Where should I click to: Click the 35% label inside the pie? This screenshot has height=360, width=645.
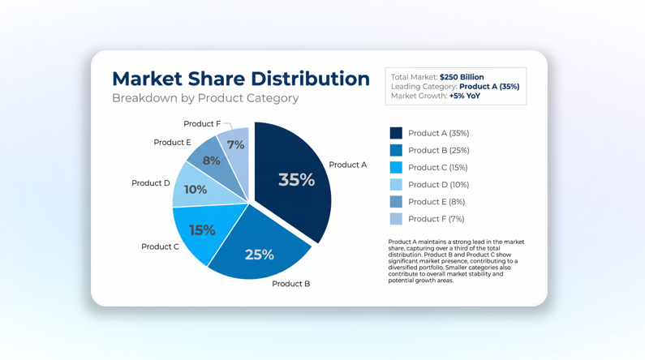pyautogui.click(x=296, y=180)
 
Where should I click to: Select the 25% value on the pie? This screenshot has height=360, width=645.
pyautogui.click(x=259, y=255)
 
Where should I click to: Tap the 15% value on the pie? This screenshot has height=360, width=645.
pyautogui.click(x=202, y=230)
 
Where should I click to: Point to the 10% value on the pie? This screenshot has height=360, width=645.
pyautogui.click(x=195, y=190)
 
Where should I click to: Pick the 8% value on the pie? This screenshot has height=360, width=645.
pyautogui.click(x=211, y=161)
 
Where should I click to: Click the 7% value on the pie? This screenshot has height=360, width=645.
pyautogui.click(x=235, y=145)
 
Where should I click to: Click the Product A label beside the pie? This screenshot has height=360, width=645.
pyautogui.click(x=347, y=165)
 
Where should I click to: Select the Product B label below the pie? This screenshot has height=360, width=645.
pyautogui.click(x=290, y=284)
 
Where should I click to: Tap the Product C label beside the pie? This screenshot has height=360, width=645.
pyautogui.click(x=160, y=246)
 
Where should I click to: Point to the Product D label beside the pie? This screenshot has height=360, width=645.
pyautogui.click(x=151, y=183)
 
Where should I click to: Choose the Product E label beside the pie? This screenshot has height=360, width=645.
pyautogui.click(x=172, y=143)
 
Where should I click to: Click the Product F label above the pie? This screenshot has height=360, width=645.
pyautogui.click(x=201, y=124)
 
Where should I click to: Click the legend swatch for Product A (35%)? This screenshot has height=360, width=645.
pyautogui.click(x=396, y=133)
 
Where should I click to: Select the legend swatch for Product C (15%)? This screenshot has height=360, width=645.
pyautogui.click(x=396, y=168)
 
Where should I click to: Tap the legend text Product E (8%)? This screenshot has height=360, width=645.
pyautogui.click(x=436, y=202)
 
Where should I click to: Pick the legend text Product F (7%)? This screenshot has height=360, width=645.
pyautogui.click(x=436, y=219)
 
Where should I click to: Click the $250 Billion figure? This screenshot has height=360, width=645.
pyautogui.click(x=462, y=77)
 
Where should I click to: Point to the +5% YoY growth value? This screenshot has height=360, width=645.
pyautogui.click(x=464, y=96)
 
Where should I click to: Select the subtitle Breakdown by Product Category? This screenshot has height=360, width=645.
pyautogui.click(x=205, y=98)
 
